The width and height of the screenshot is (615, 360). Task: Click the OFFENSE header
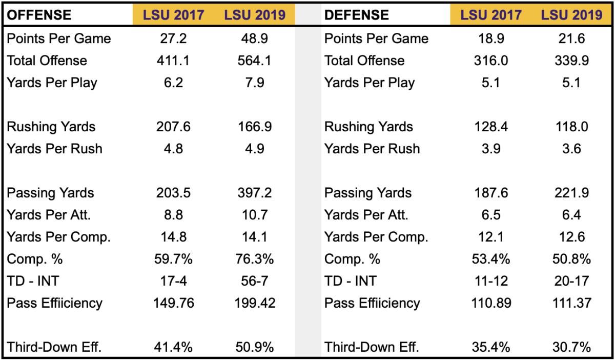click(39, 15)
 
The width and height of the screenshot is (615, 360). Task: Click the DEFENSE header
click(356, 15)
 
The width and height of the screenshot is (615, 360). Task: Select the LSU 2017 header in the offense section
click(174, 15)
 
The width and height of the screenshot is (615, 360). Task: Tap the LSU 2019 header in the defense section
click(571, 15)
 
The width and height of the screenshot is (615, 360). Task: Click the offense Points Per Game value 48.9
click(255, 38)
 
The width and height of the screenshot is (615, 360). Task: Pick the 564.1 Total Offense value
click(255, 61)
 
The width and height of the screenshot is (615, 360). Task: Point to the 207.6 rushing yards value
click(173, 127)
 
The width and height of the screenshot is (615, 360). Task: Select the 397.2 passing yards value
click(255, 193)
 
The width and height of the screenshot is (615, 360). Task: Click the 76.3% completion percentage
click(255, 259)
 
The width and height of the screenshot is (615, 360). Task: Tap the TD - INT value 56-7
click(255, 281)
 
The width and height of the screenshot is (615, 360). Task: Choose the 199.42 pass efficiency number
click(255, 303)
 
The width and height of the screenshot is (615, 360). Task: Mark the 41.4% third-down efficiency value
click(173, 347)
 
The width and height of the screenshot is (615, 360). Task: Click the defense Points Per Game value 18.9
click(491, 38)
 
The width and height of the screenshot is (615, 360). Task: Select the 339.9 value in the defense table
click(571, 61)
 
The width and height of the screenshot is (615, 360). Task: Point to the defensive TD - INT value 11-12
click(491, 281)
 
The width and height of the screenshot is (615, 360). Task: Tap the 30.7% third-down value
click(571, 347)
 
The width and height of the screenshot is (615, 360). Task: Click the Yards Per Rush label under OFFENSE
click(54, 149)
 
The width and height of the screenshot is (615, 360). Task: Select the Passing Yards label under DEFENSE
click(368, 193)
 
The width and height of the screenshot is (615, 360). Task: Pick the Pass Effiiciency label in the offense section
click(54, 303)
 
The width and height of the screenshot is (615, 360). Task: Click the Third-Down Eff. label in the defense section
click(372, 347)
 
